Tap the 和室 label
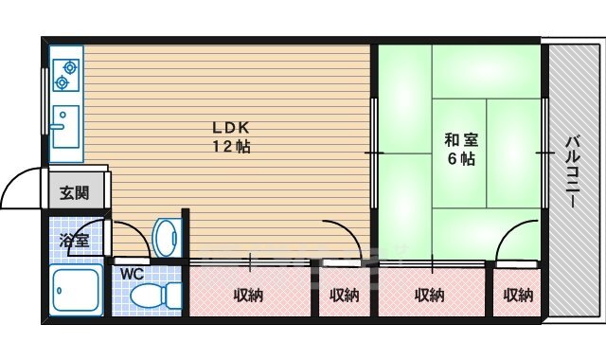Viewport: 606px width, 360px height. click(461, 140)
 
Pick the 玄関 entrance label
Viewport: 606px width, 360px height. click(75, 194)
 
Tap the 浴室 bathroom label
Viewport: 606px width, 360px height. click(75, 240)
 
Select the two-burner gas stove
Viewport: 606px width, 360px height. click(64, 75)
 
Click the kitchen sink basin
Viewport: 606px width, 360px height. click(64, 127)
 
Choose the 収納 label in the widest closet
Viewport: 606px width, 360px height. click(249, 295)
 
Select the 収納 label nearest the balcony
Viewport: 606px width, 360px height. click(518, 295)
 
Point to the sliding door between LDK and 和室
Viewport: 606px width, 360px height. click(375, 152)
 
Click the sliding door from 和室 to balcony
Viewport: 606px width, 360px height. click(545, 152)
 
